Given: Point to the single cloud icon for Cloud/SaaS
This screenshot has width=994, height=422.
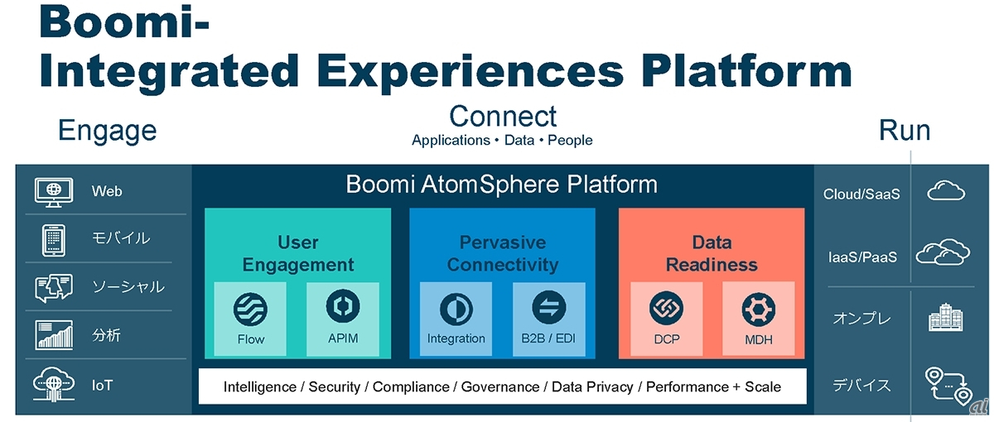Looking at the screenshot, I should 946,193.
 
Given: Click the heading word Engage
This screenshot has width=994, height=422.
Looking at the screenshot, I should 107,131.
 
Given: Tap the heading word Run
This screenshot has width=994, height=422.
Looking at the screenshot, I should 905,131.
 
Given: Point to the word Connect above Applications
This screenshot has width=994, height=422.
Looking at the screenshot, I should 503,116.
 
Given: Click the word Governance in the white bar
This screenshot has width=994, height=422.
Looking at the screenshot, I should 499,386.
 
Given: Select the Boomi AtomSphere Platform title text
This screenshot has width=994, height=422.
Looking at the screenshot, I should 502,184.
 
